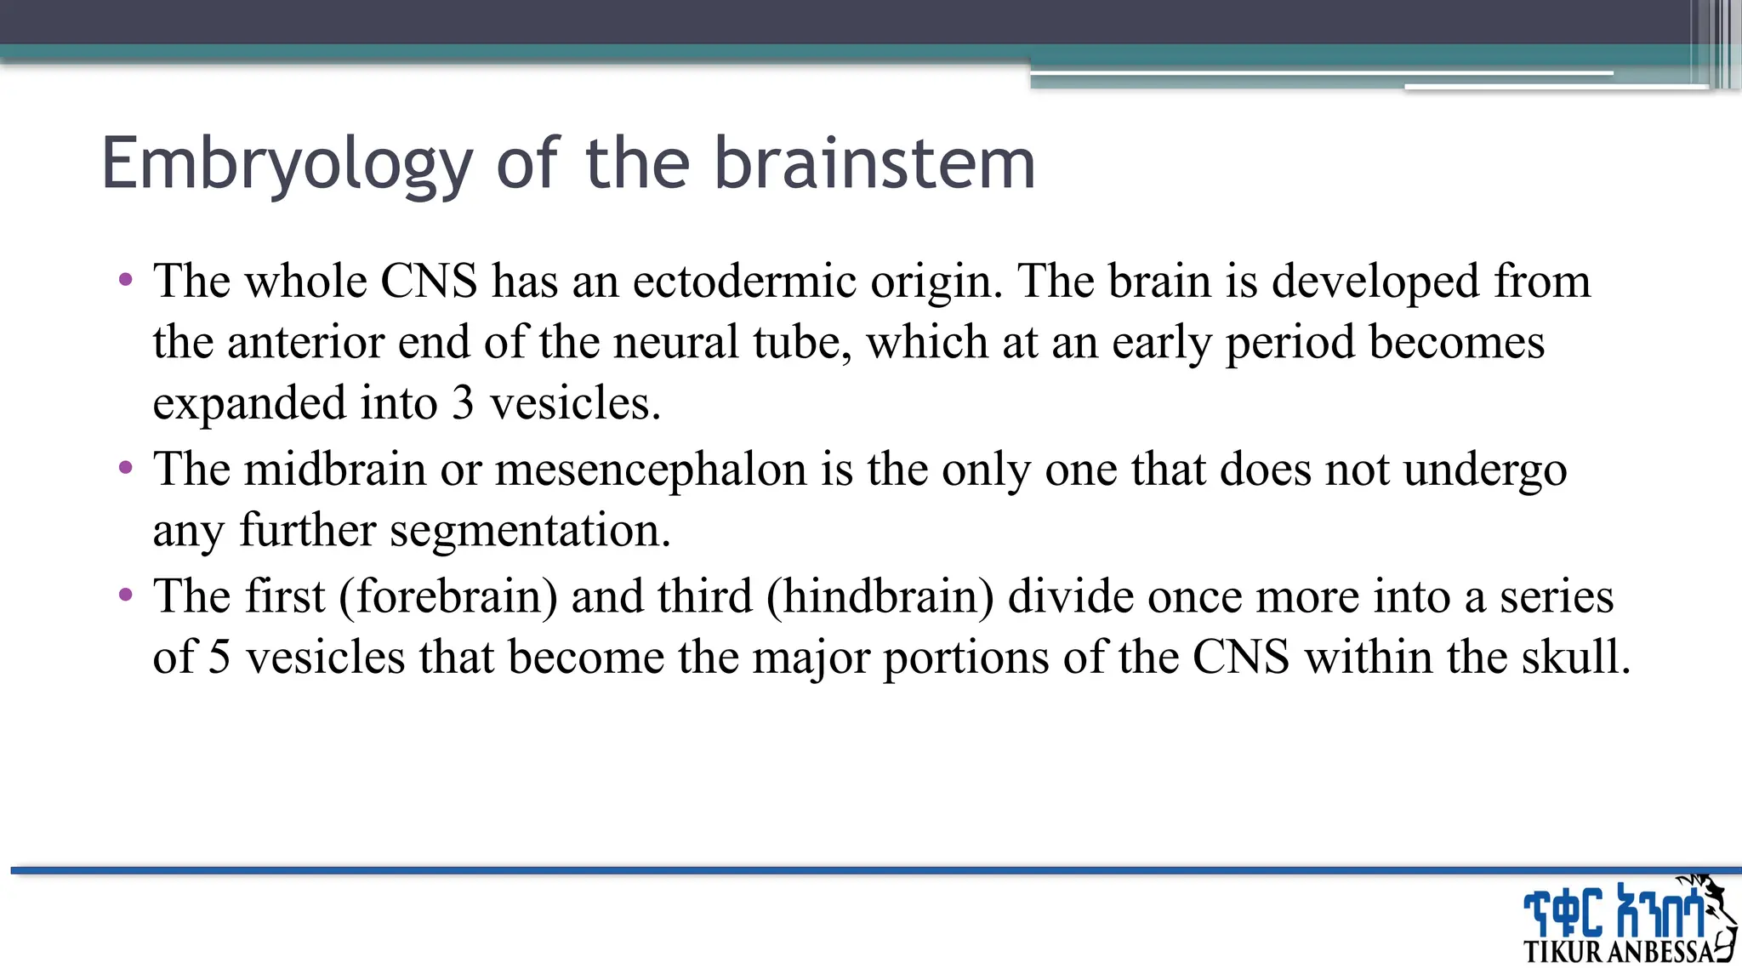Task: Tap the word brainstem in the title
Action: (874, 163)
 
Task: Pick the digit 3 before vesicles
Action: (463, 403)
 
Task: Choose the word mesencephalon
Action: (651, 469)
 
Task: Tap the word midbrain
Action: (335, 469)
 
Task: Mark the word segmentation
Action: (530, 530)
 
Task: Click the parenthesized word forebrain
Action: (448, 596)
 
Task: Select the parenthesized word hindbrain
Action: (880, 596)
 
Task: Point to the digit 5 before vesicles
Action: (219, 658)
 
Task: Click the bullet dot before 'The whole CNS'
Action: (127, 279)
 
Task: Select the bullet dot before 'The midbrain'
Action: (127, 467)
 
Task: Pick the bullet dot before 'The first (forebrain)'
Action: (127, 594)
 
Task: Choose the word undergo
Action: (1484, 470)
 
